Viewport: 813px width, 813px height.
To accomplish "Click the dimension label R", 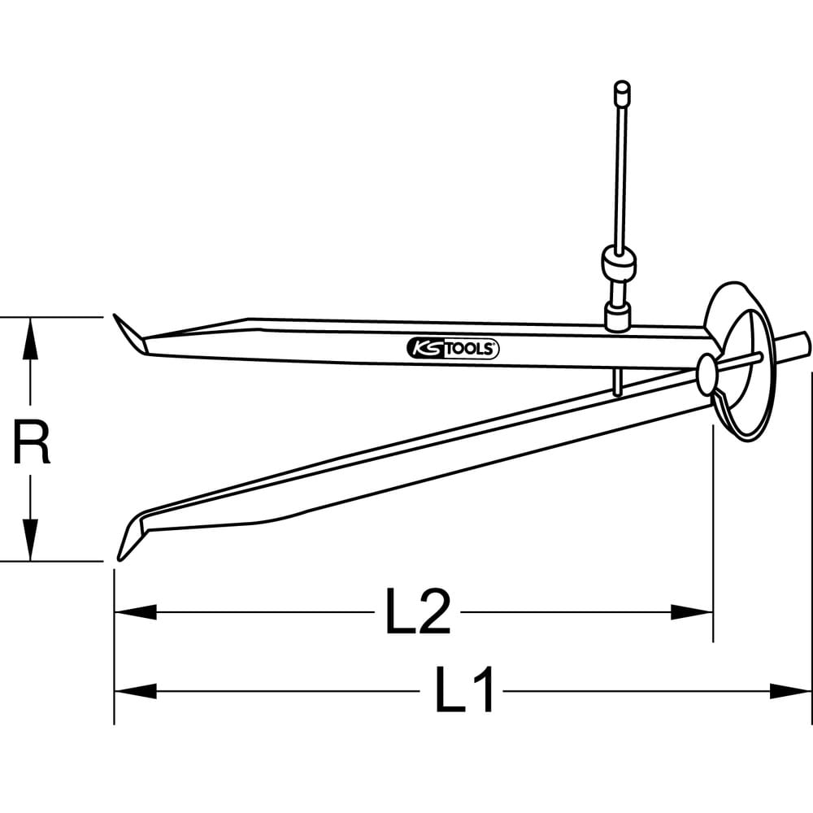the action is pyautogui.click(x=32, y=440).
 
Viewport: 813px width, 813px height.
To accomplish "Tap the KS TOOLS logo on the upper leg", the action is pyautogui.click(x=452, y=349).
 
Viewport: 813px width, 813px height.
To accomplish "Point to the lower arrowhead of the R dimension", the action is pyautogui.click(x=30, y=541).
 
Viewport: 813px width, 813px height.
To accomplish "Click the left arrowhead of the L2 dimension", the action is pyautogui.click(x=134, y=612).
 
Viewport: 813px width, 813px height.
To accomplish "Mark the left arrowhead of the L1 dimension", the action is pyautogui.click(x=134, y=692).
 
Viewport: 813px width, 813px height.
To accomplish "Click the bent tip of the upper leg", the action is pyautogui.click(x=128, y=334).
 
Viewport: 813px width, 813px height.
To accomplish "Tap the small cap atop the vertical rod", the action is pyautogui.click(x=622, y=90).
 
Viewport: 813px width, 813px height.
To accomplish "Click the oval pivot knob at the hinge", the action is pyautogui.click(x=706, y=372).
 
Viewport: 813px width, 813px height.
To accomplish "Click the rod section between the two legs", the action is pyautogui.click(x=618, y=380).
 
